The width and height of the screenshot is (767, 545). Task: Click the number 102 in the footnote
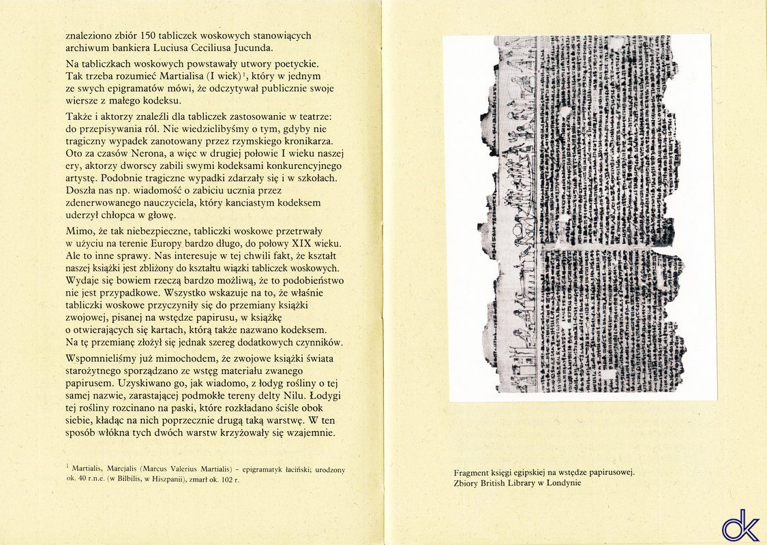tap(229, 480)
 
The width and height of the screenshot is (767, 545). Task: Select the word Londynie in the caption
tap(561, 483)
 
